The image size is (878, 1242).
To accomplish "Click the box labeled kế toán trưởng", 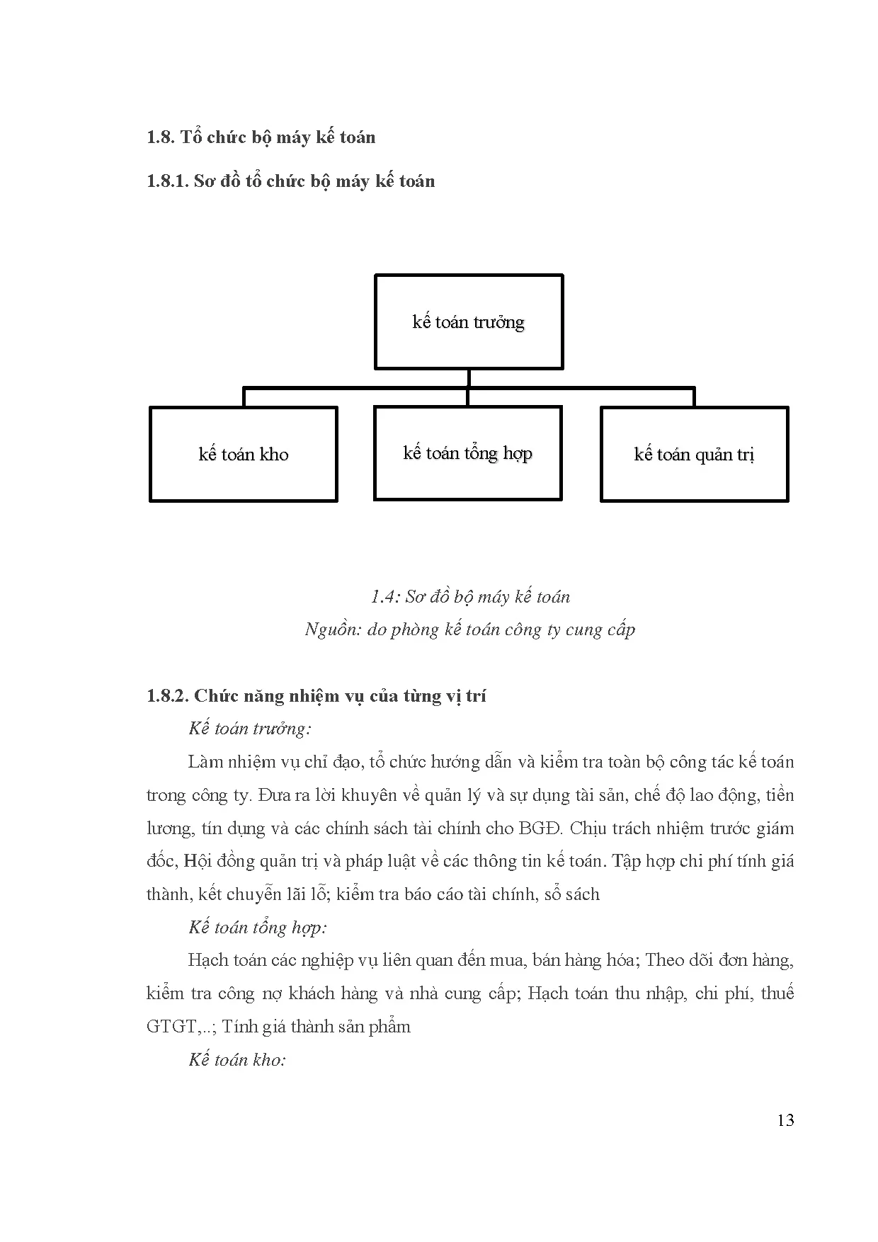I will (x=469, y=322).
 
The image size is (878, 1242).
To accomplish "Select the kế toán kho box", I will (x=244, y=454).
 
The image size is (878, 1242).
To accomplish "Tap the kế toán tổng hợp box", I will (x=467, y=453).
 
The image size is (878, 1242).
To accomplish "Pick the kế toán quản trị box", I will (x=694, y=454).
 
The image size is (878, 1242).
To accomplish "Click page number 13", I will (x=785, y=1120).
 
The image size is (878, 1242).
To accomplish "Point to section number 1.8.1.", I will (x=167, y=181).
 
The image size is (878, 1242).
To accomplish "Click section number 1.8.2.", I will (x=167, y=696).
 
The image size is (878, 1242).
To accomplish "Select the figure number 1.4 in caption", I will (x=383, y=597).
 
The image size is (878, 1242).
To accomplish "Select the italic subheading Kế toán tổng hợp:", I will (x=258, y=928).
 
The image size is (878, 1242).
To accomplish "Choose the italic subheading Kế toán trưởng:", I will (x=250, y=729).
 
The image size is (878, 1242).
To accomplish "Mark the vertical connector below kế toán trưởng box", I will (x=468, y=378).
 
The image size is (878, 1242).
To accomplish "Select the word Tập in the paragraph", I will (x=626, y=862).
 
